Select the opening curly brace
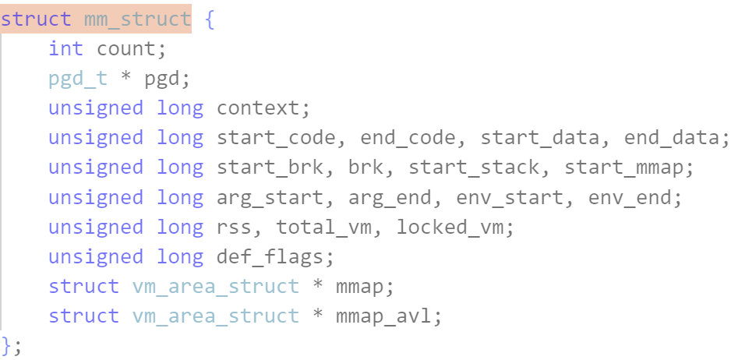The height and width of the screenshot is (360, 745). pyautogui.click(x=210, y=19)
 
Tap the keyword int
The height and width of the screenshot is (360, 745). pyautogui.click(x=65, y=48)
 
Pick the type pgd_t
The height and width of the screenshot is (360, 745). pyautogui.click(x=77, y=79)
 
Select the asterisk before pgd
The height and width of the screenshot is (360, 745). pyautogui.click(x=125, y=79)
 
